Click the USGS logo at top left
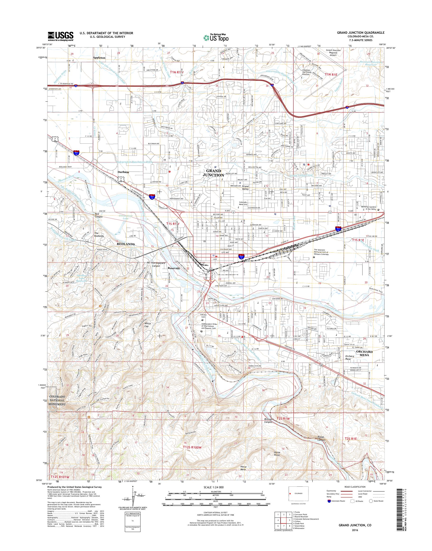(x=61, y=36)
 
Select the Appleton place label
(x=99, y=58)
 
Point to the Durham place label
(x=123, y=172)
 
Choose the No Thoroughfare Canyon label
(x=155, y=265)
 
